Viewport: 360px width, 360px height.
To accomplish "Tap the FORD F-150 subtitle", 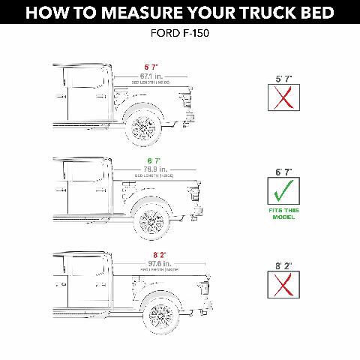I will [x=180, y=34].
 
